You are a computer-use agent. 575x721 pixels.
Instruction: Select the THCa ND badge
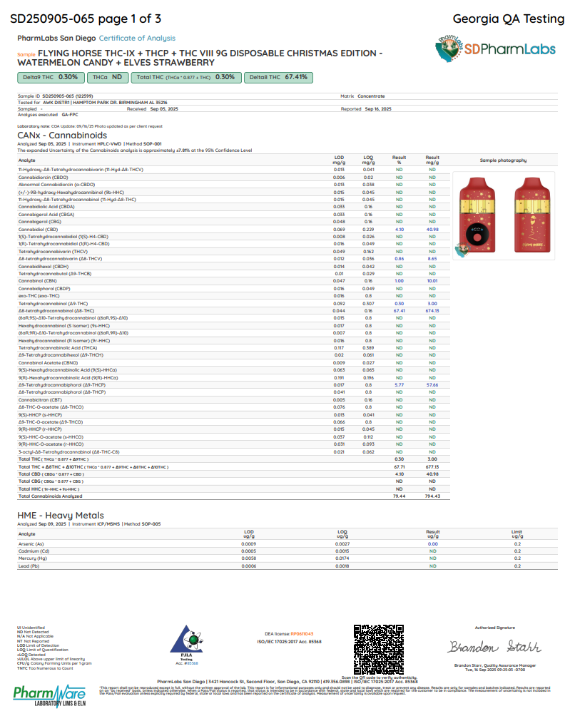[x=106, y=77]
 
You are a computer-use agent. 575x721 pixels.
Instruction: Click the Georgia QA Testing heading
[x=509, y=19]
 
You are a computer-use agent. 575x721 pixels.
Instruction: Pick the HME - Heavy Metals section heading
[x=61, y=515]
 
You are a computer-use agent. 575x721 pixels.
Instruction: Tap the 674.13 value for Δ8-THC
[x=432, y=311]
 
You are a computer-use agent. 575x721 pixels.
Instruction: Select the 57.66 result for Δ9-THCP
[x=432, y=384]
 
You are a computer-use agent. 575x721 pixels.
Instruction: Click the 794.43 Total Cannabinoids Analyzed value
[x=432, y=496]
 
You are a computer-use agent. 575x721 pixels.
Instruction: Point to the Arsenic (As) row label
[x=32, y=543]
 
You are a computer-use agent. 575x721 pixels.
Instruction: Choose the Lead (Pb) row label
[x=30, y=566]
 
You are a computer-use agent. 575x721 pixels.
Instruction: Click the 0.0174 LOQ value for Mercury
[x=343, y=558]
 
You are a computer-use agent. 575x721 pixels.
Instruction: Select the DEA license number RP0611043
[x=299, y=633]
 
